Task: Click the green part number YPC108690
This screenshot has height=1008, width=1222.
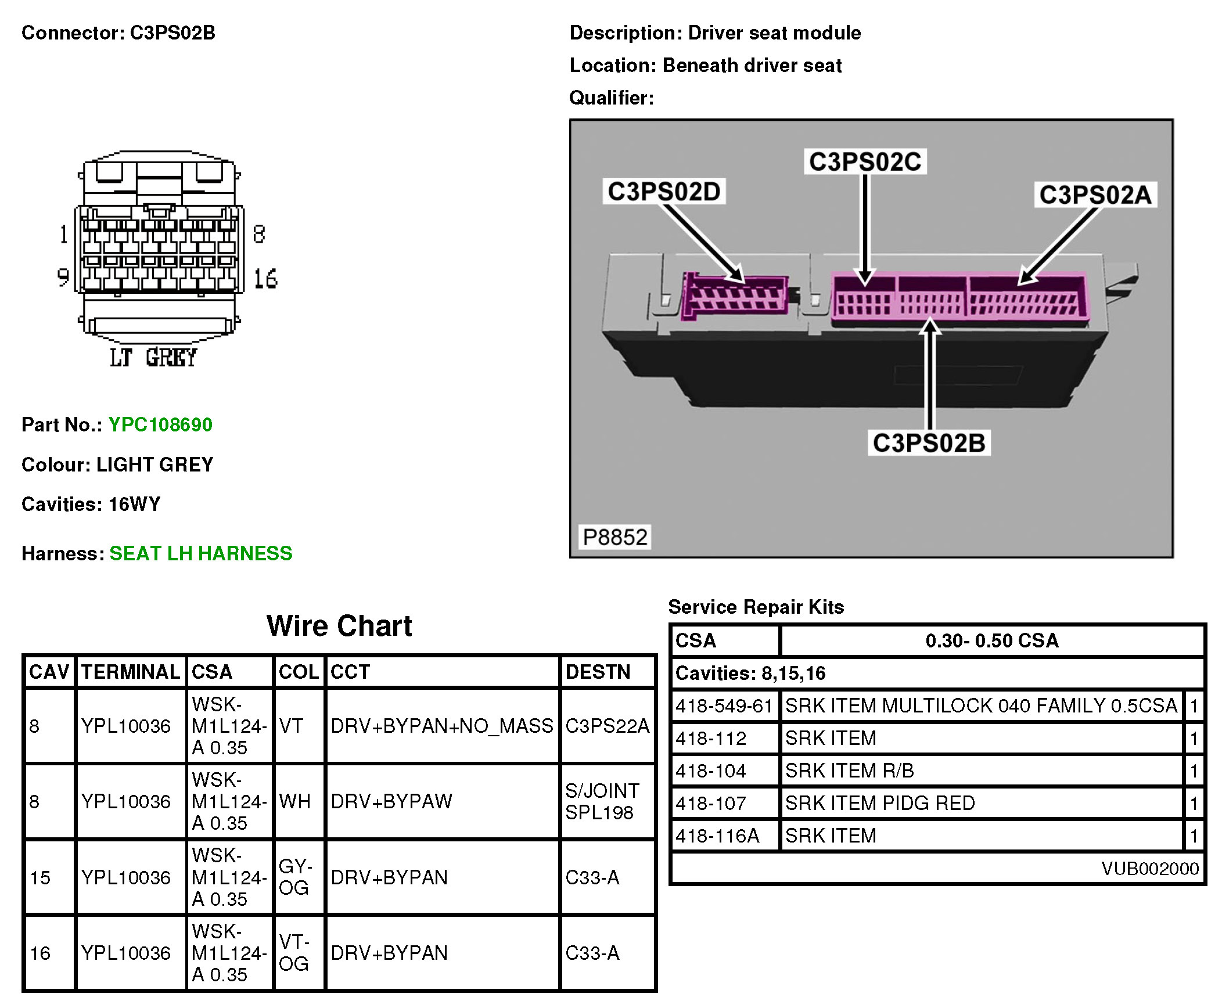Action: pos(160,424)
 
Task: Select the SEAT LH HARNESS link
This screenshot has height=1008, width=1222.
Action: pos(200,553)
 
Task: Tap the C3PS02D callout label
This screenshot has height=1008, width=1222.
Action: pos(664,192)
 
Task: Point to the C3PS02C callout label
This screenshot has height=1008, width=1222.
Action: pos(865,161)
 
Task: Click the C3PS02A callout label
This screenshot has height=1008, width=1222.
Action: pos(1095,195)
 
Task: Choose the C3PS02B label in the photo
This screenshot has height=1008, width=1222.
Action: pos(929,443)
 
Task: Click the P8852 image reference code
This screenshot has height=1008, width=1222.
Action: pos(614,537)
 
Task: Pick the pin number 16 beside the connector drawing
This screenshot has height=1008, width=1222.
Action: pos(265,279)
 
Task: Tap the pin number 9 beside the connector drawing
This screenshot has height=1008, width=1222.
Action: pos(63,277)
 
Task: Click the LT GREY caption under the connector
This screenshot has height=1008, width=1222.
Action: pos(154,358)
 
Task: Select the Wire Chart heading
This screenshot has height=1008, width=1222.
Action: pos(339,626)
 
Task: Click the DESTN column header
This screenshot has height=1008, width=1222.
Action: pos(598,672)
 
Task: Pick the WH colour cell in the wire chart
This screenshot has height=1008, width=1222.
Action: pos(294,801)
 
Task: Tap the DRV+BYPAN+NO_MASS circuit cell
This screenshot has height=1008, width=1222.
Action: pos(441,726)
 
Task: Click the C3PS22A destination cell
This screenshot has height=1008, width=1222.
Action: pos(607,726)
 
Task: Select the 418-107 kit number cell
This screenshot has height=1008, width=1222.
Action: pos(711,803)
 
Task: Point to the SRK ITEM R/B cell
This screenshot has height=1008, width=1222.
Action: pos(849,771)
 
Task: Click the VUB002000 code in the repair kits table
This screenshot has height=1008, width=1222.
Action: pos(1150,868)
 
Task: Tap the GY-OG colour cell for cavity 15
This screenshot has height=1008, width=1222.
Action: pos(295,877)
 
